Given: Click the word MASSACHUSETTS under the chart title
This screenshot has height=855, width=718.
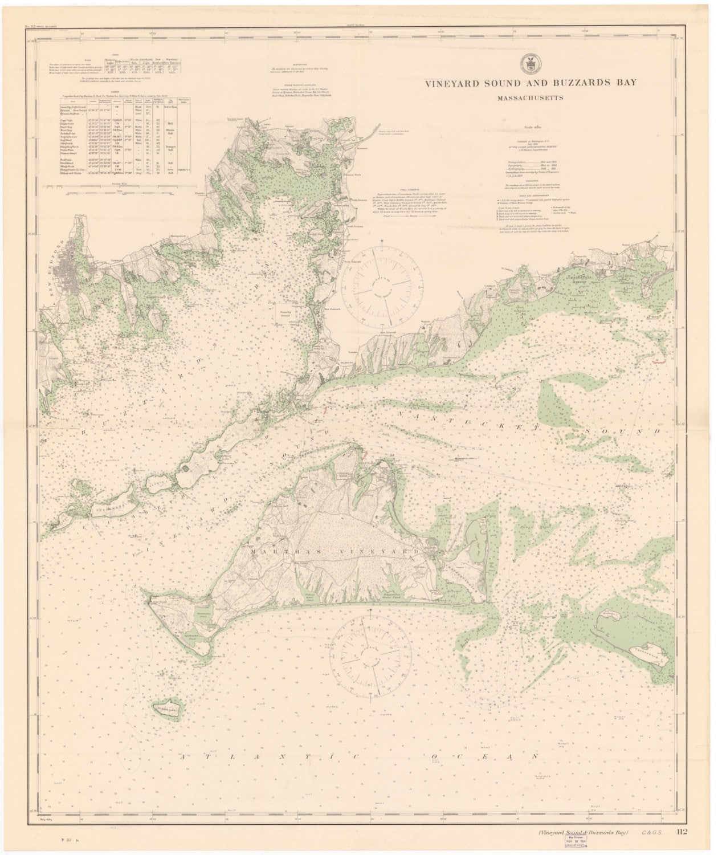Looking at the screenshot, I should (x=530, y=97).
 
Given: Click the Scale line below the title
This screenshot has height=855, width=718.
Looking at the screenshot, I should (x=530, y=127).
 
